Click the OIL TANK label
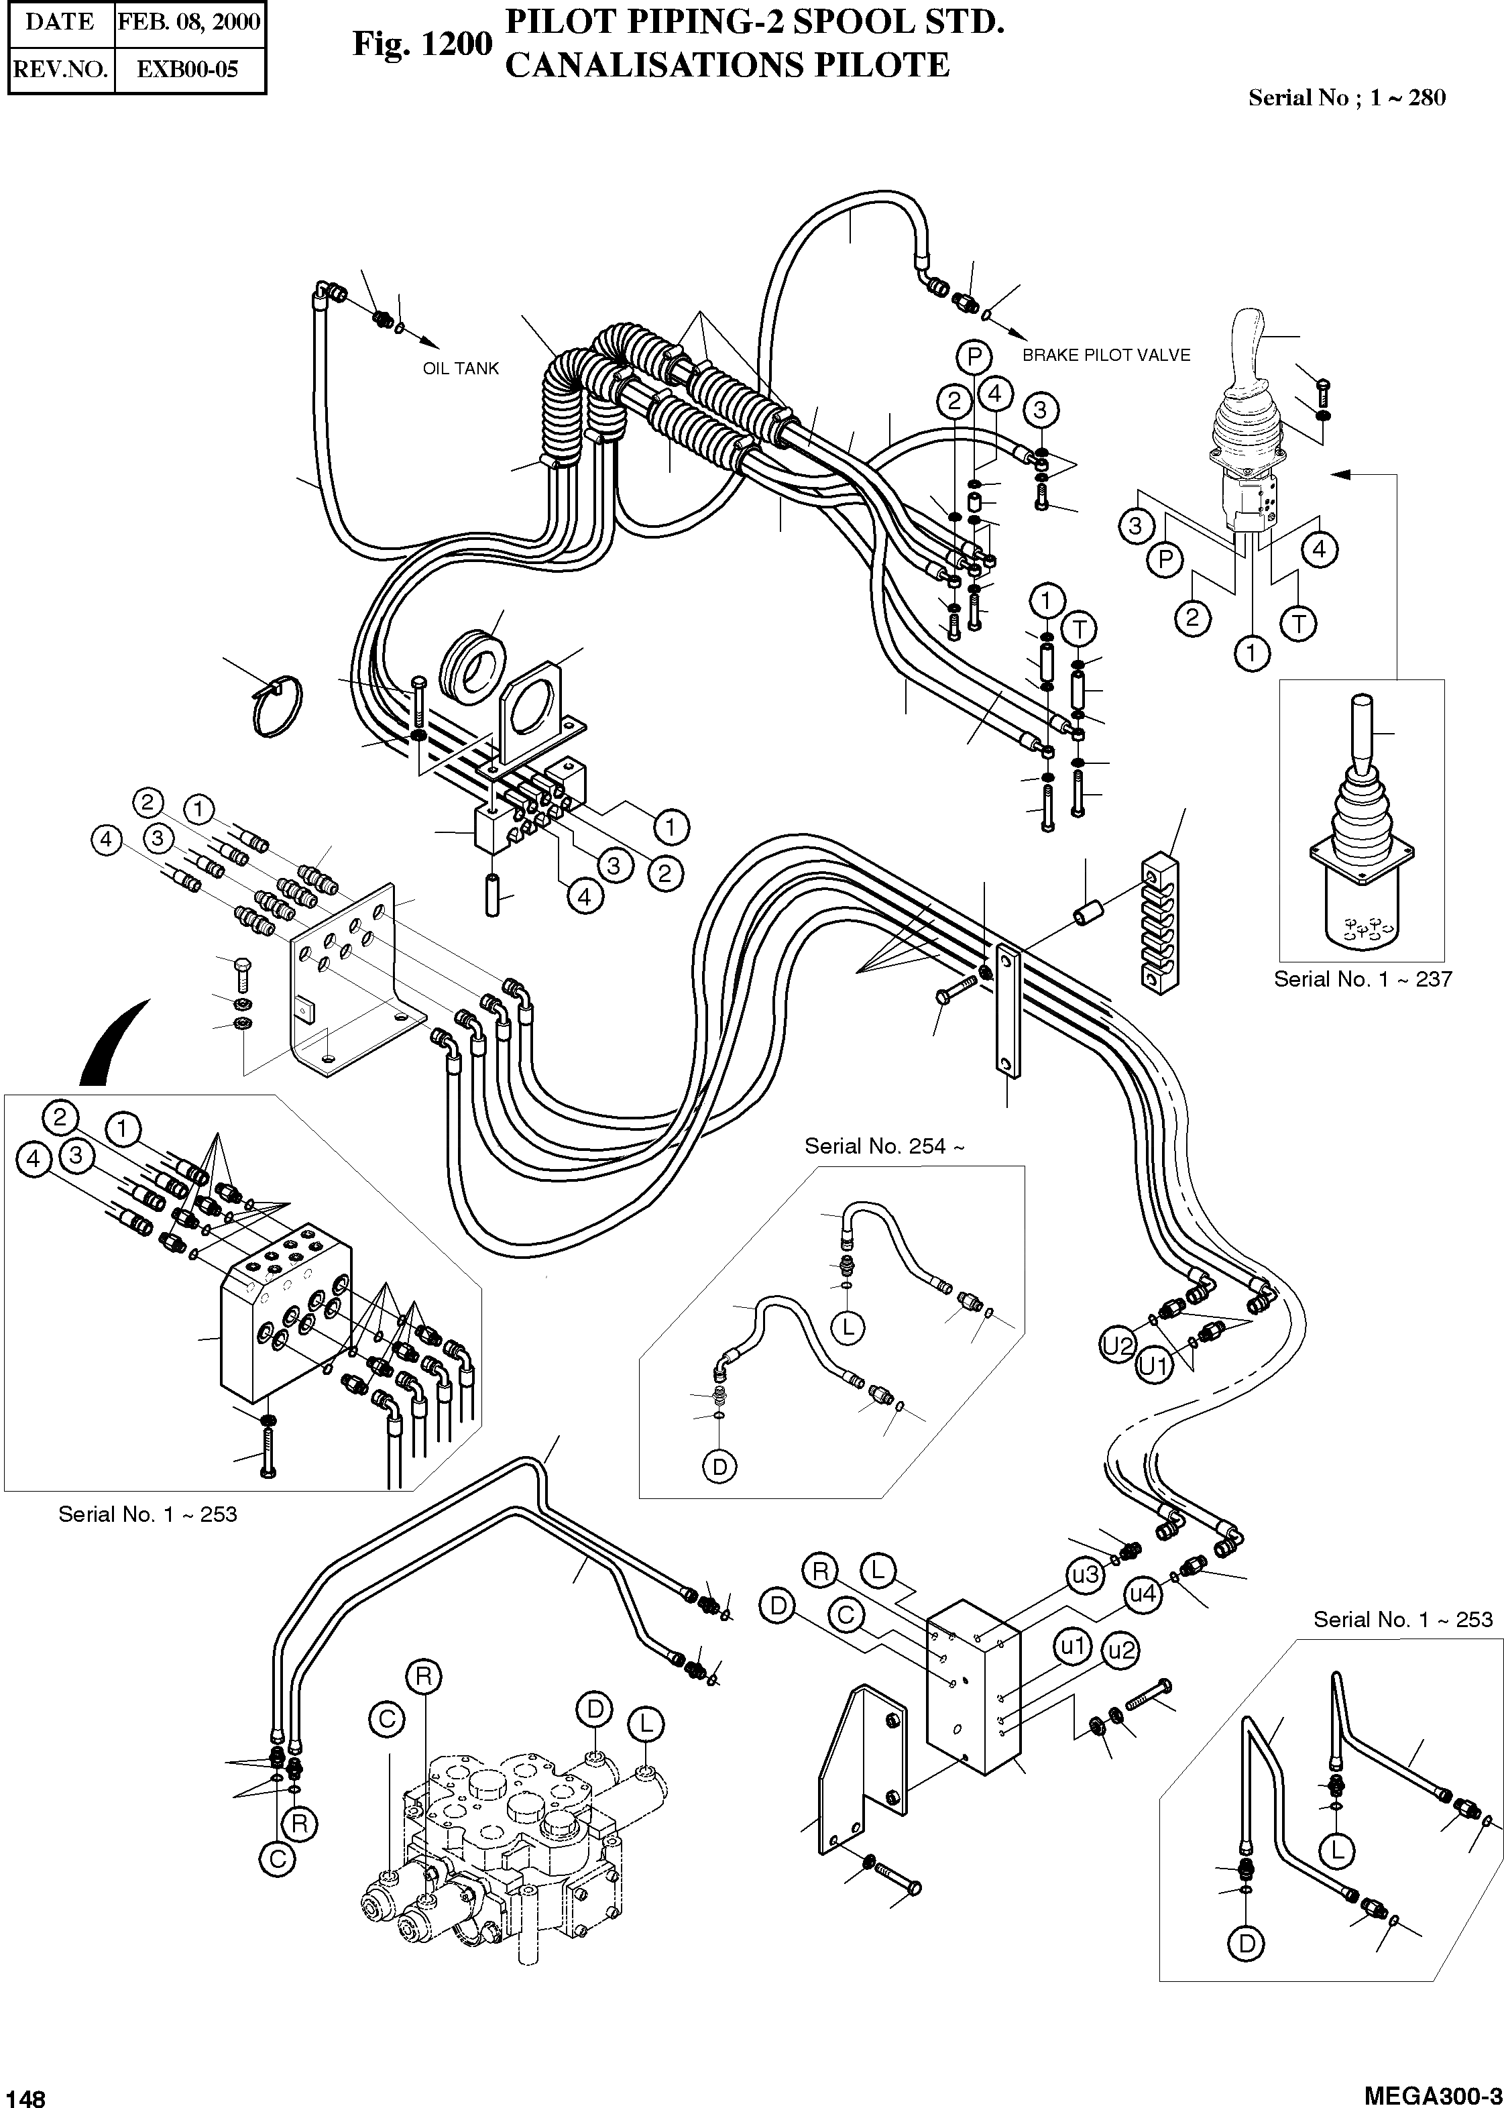click(x=460, y=369)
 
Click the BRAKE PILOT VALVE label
click(x=1106, y=355)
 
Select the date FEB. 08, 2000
click(x=189, y=22)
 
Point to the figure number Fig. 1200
click(x=422, y=44)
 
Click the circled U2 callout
click(x=1118, y=1345)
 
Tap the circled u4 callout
click(x=1143, y=1594)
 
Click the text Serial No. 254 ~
click(x=884, y=1147)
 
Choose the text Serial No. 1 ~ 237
click(x=1363, y=979)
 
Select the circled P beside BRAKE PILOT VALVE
click(x=974, y=357)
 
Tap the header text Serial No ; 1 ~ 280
click(x=1346, y=98)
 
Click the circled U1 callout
click(x=1153, y=1365)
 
